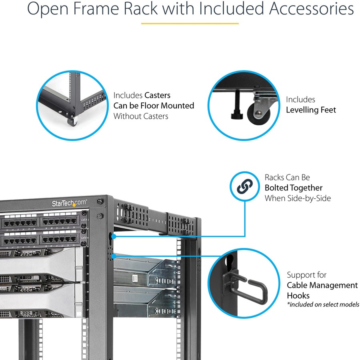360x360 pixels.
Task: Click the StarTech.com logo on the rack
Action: point(69,203)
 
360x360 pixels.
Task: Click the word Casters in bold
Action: point(157,95)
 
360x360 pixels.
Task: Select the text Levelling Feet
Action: point(311,110)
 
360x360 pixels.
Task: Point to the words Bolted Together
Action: point(293,188)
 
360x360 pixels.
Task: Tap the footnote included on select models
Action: point(323,305)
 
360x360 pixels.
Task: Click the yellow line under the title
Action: point(190,23)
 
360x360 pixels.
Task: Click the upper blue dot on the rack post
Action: point(114,236)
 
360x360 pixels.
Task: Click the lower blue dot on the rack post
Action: point(114,255)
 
